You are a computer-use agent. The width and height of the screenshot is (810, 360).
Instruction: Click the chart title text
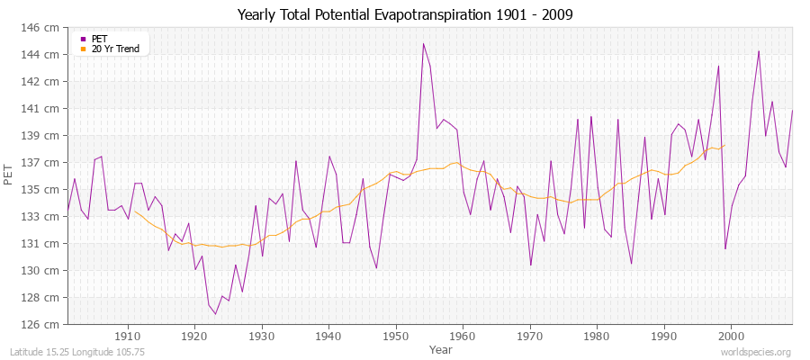tap(404, 15)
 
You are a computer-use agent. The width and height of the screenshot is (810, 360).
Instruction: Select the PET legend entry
tap(99, 39)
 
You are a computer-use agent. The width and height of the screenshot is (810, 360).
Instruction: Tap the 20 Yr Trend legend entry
tap(115, 49)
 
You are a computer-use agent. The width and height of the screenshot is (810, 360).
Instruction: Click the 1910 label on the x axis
tap(128, 336)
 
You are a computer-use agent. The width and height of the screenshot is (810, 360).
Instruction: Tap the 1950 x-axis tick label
tap(396, 336)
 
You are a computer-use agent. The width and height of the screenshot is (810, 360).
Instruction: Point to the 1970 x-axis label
tap(530, 336)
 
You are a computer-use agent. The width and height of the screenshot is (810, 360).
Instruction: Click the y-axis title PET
tap(9, 175)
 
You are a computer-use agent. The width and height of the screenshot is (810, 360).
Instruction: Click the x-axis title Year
tap(440, 348)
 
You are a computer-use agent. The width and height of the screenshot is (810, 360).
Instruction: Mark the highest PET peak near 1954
tap(423, 43)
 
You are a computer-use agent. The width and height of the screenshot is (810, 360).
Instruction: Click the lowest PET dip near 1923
tap(215, 314)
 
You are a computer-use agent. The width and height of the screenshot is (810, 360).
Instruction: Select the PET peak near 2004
tap(759, 50)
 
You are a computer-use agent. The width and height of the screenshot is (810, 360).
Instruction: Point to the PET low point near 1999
tap(725, 248)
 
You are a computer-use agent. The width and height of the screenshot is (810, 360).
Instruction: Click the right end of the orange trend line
tap(724, 145)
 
